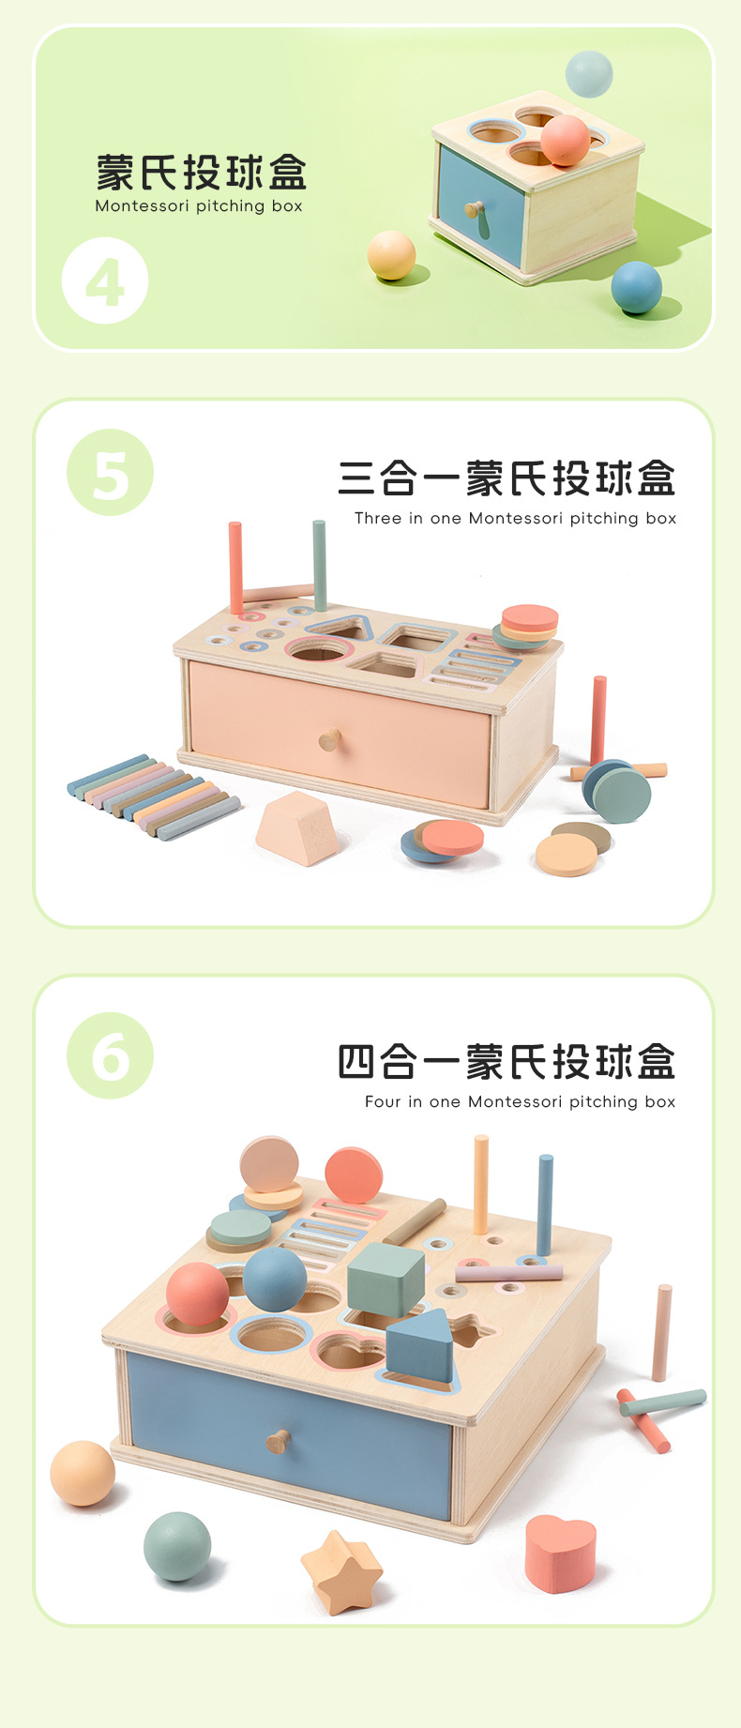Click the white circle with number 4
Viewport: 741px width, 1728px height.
(105, 280)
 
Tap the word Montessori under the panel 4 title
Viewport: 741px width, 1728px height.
(142, 206)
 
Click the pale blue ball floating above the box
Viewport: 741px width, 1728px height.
(589, 74)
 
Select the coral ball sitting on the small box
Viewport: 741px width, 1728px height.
(565, 140)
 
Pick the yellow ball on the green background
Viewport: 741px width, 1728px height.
(391, 255)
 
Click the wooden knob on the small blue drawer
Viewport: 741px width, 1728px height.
(475, 209)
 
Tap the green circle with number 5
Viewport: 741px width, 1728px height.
(110, 472)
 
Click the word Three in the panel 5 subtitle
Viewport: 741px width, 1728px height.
(377, 518)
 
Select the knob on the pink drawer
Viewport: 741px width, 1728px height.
(329, 740)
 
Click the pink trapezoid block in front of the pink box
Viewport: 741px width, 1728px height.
(297, 827)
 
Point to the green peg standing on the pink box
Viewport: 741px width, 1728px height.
(320, 566)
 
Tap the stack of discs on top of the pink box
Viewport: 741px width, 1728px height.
(527, 626)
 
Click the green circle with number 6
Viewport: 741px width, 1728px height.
(110, 1055)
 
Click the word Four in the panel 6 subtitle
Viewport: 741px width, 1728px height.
(382, 1101)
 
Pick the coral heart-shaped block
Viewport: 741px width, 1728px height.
(560, 1553)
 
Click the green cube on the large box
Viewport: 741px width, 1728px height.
(386, 1278)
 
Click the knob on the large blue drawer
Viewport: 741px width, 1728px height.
(278, 1440)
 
